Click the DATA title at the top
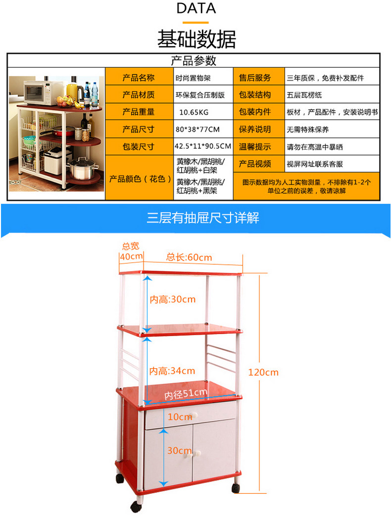click(196, 8)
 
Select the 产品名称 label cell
click(139, 78)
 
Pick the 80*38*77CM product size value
click(197, 130)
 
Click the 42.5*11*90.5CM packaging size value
click(203, 146)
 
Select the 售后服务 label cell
click(255, 78)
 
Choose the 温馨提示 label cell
click(255, 146)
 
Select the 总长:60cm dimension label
click(189, 257)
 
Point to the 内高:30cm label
click(173, 299)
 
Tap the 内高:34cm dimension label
click(172, 371)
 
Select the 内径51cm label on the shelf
click(186, 393)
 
